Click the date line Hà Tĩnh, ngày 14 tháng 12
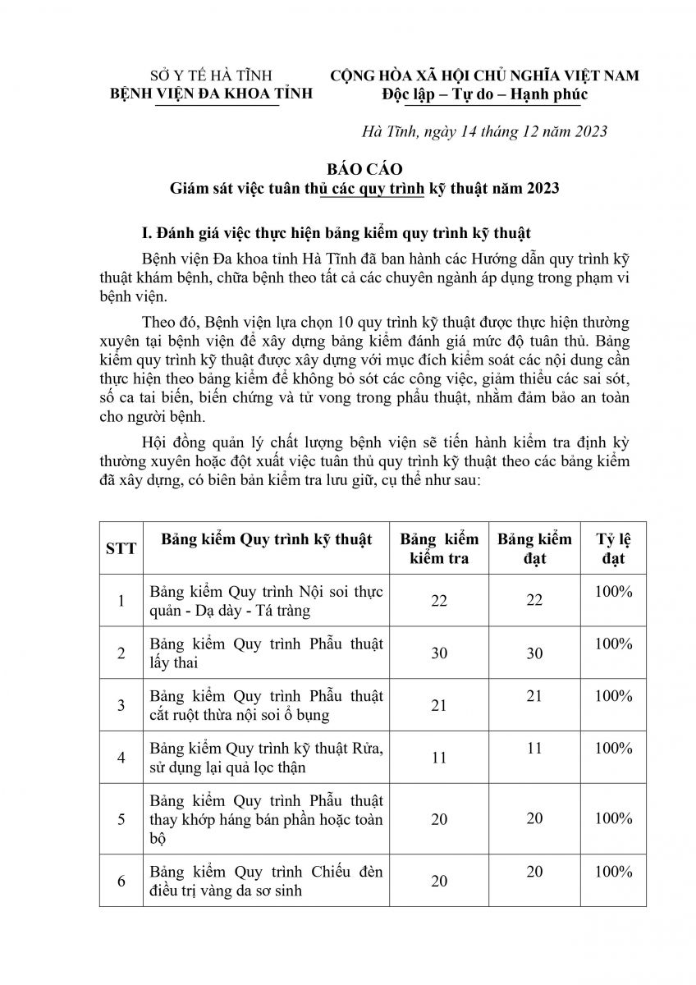pos(483,131)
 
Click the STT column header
pos(121,547)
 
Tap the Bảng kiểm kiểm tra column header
pos(438,547)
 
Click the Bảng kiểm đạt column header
pos(534,547)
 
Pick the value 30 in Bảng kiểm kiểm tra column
pos(438,653)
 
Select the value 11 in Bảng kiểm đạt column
pos(534,748)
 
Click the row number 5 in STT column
pos(121,818)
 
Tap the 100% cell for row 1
pos(615,591)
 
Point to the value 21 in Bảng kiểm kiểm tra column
pos(438,705)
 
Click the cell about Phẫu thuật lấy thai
pos(266,653)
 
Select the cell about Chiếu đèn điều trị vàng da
pos(266,880)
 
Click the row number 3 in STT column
pos(121,705)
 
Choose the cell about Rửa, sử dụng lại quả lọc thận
pos(266,757)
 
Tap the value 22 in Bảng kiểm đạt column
pos(534,601)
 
